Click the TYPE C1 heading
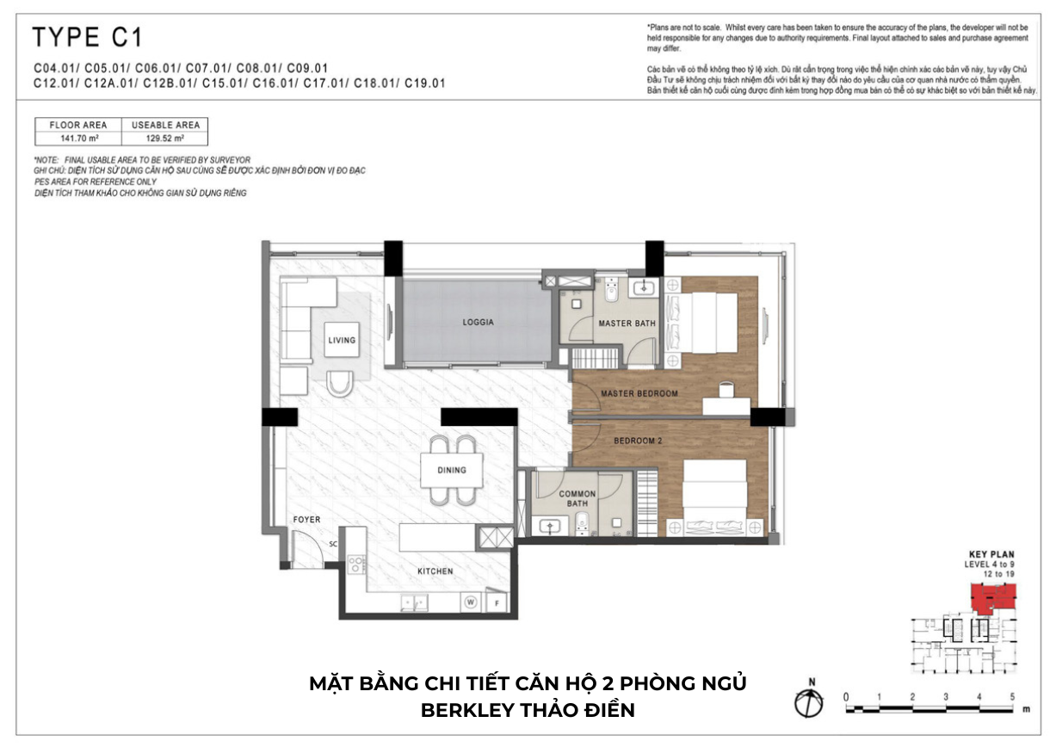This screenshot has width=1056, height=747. (87, 38)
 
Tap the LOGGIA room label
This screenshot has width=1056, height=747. (478, 323)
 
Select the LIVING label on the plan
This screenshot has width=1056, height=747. (342, 340)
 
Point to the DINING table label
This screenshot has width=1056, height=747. (452, 470)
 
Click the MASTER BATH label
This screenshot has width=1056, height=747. (627, 324)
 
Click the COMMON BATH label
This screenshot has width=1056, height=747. (577, 498)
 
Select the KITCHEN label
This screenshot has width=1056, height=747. (435, 571)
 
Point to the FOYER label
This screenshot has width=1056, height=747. (306, 520)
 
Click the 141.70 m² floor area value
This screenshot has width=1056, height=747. (77, 137)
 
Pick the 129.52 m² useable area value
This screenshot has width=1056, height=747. (165, 137)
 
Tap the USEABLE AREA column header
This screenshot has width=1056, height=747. (165, 125)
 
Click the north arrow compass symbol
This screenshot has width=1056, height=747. (810, 702)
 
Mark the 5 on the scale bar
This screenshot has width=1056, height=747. (1012, 696)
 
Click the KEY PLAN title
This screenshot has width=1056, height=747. (989, 555)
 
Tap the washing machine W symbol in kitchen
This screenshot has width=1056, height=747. (471, 602)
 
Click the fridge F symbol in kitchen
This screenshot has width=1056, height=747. (497, 602)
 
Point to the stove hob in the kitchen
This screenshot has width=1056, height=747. (355, 565)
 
